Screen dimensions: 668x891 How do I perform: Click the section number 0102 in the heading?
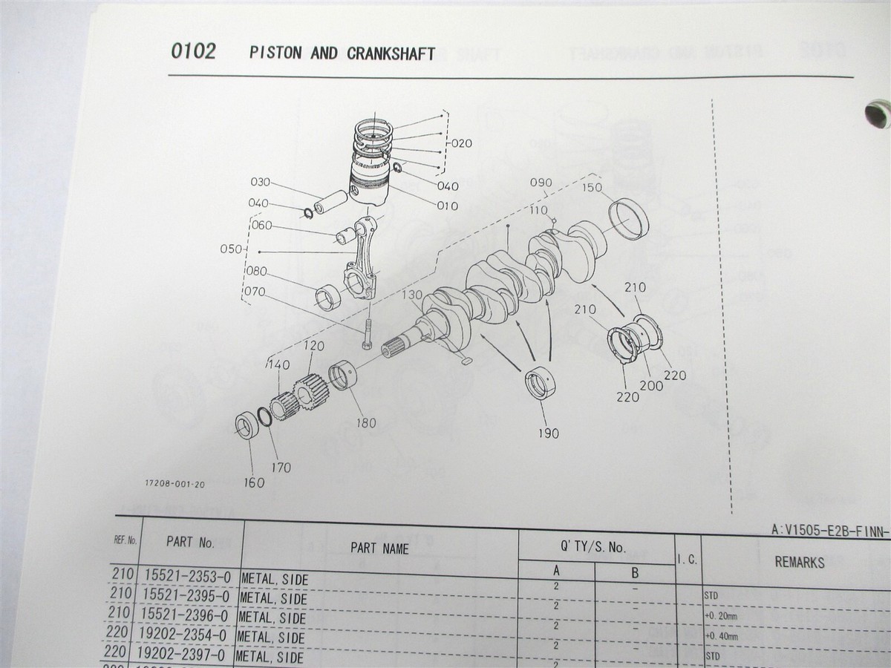coord(193,52)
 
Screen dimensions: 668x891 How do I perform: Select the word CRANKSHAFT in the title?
coord(391,54)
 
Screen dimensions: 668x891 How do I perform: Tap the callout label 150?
coord(592,188)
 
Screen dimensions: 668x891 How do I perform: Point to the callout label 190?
coord(549,433)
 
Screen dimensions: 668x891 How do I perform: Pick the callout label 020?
coord(461,143)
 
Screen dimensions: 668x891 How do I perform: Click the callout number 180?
coord(365,423)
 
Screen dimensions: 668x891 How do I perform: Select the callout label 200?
coord(652,386)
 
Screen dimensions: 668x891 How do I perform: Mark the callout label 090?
coord(541,183)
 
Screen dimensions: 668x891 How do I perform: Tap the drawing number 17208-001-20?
coord(175,484)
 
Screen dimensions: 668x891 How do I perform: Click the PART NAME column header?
coord(379,549)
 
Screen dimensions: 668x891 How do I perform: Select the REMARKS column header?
coord(799,562)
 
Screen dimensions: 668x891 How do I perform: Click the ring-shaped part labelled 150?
coord(630,217)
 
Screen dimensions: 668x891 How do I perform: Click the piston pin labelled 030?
coord(330,202)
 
